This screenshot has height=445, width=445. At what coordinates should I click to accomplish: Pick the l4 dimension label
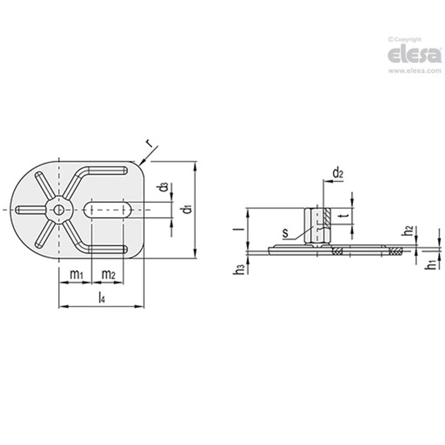click(102, 298)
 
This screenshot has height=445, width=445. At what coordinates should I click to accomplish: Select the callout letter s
click(285, 233)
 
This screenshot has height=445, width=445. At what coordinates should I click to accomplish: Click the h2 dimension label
click(408, 231)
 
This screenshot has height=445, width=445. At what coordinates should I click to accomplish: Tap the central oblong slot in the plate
click(108, 210)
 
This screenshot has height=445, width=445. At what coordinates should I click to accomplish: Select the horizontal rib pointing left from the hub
click(31, 210)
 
